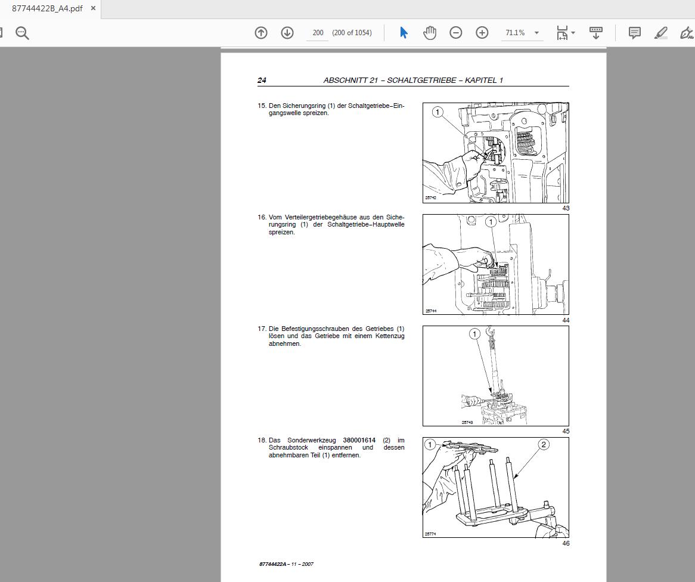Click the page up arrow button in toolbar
[x=261, y=33]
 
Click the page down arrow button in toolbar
[x=287, y=33]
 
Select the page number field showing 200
[x=318, y=33]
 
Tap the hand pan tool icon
[x=430, y=33]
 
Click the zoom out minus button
[x=456, y=33]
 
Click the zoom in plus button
[x=482, y=33]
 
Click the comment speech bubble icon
[x=635, y=33]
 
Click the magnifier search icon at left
[x=22, y=33]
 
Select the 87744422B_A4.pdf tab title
[x=47, y=8]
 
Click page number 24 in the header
[x=262, y=80]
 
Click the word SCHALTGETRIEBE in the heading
[x=421, y=80]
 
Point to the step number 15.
[x=262, y=106]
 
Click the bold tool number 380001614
[x=359, y=440]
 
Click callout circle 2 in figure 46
[x=543, y=444]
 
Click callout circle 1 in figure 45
[x=474, y=334]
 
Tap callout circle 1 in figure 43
[x=438, y=112]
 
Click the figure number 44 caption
[x=566, y=320]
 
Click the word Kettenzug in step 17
[x=390, y=336]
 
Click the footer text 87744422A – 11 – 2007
[x=287, y=564]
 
